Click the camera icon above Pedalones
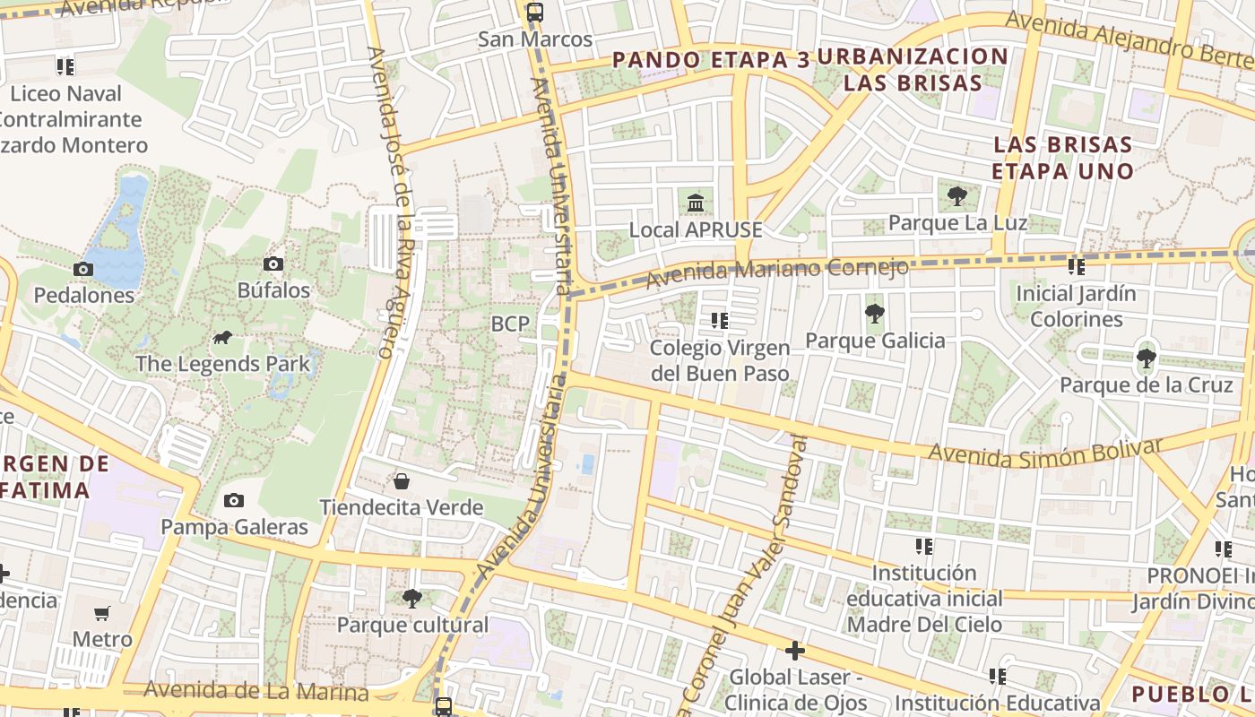click(83, 269)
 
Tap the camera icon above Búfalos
click(273, 263)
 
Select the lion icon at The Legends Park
click(222, 338)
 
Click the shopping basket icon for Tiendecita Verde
click(402, 481)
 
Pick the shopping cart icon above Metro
click(102, 614)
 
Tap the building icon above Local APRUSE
click(696, 203)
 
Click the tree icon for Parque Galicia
click(874, 314)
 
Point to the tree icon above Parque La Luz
click(957, 195)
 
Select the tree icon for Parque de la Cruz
click(1146, 358)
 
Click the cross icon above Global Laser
click(794, 651)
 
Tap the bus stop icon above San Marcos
click(535, 13)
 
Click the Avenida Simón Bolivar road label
click(1044, 451)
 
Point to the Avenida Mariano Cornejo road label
click(776, 272)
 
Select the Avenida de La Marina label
click(255, 692)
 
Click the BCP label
click(510, 324)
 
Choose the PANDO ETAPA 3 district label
click(711, 60)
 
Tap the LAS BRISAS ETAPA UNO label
click(1062, 158)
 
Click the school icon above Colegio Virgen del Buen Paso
click(719, 320)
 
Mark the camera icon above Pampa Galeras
click(234, 500)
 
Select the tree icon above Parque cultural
click(412, 598)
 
